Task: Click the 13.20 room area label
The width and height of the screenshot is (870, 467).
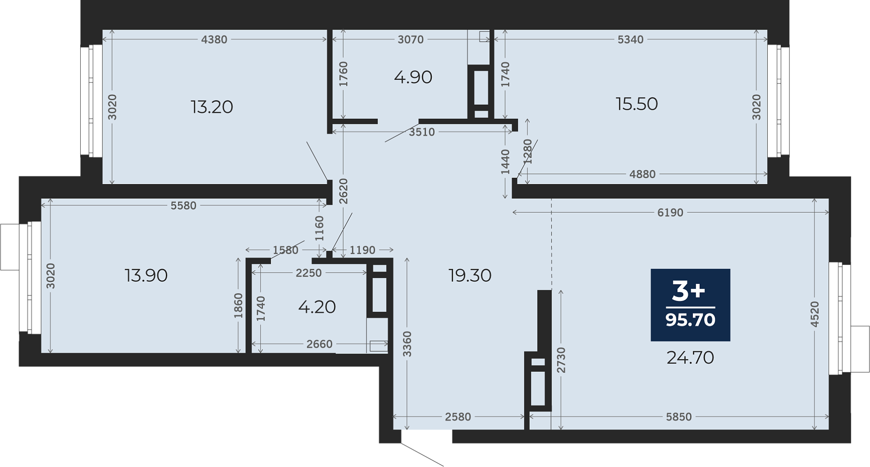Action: coord(212,107)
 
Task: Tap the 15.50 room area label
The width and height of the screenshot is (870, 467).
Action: coord(637,104)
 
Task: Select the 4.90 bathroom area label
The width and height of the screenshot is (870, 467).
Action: coord(413,77)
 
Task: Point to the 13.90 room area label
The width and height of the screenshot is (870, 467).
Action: coord(146,275)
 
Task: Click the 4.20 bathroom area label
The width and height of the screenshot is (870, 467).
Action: coord(317,307)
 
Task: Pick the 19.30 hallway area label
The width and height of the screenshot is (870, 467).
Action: coord(470,275)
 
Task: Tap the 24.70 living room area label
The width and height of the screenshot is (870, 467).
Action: coord(690,358)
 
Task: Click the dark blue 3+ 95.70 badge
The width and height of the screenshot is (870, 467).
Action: coord(690,305)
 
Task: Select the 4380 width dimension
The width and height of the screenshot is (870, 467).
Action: coord(214,39)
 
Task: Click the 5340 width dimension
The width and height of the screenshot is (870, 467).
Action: coord(630,39)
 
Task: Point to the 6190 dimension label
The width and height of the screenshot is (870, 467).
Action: coord(670,213)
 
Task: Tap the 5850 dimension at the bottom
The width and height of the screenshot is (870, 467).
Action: coord(679,417)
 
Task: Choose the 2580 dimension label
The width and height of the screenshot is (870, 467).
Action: coord(458,417)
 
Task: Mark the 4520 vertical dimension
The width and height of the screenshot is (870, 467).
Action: coord(815,314)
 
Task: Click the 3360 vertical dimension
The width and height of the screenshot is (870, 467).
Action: coord(407,344)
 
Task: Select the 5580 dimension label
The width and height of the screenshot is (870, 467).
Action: coord(183,206)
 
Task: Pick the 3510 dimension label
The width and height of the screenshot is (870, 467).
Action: coord(422,132)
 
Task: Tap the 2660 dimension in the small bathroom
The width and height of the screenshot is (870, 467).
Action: coord(319,344)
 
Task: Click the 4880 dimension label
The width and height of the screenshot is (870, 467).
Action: coord(643,174)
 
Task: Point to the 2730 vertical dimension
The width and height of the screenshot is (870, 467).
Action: coord(561,360)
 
